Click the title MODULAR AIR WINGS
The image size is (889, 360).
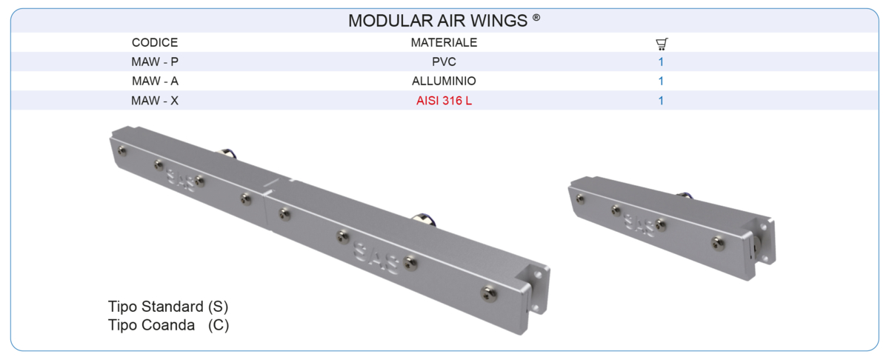pos(439,21)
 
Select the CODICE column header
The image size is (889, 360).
pos(155,43)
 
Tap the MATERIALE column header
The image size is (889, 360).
pos(444,43)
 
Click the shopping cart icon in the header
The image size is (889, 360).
pos(662,44)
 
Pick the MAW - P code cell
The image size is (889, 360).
pos(155,62)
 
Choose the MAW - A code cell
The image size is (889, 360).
pos(155,81)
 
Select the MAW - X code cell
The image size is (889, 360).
pos(155,101)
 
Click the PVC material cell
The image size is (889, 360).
pos(444,62)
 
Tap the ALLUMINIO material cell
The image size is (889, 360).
pos(444,81)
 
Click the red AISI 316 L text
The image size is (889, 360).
pos(444,101)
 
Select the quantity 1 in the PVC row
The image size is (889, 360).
pos(661,62)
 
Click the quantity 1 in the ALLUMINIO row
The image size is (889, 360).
pos(661,81)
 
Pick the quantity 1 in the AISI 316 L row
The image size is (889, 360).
pos(661,101)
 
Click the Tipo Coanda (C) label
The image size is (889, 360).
pos(168,325)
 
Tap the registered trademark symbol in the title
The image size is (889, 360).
pos(536,18)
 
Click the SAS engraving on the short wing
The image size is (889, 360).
pos(639,222)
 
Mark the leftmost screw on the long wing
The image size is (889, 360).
pos(123,151)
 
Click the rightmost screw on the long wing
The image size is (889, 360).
pos(486,291)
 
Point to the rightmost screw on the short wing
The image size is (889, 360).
pos(717,241)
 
